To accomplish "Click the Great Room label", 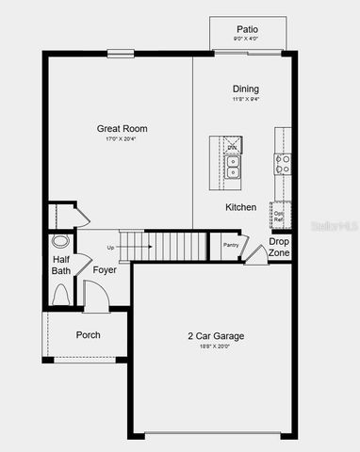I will (122, 129).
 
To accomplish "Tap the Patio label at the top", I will (247, 29).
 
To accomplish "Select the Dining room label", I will (246, 89).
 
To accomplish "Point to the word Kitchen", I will (240, 207).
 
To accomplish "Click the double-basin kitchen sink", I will (232, 167).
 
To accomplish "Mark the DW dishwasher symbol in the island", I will (232, 146).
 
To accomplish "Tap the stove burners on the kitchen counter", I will (282, 166).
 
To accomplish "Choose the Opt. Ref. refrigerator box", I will (279, 216).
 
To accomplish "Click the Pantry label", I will (231, 245).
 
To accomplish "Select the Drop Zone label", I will (279, 248).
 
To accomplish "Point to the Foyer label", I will (105, 270).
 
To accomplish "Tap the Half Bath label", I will (61, 266).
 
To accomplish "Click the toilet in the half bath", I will (61, 294).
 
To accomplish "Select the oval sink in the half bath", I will (60, 241).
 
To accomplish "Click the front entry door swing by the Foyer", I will (95, 294).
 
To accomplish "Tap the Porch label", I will (88, 335).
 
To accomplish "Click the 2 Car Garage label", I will (214, 335).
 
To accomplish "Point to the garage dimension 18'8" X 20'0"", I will (214, 347).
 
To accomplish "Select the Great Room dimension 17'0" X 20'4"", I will (122, 140).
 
